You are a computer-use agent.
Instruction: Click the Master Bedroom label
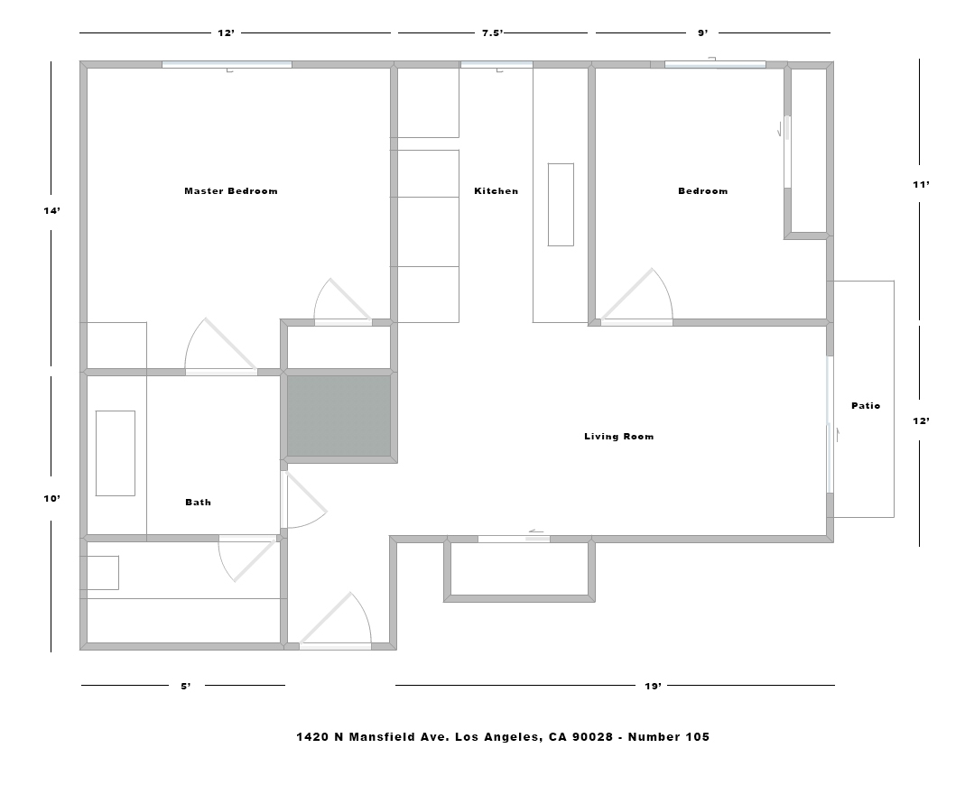point(231,190)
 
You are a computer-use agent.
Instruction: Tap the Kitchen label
point(496,190)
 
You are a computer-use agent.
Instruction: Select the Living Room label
point(619,436)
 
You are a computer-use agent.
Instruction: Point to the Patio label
point(866,405)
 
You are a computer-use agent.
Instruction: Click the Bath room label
point(199,502)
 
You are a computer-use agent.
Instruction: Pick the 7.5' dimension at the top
point(492,32)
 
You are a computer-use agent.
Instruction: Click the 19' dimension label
point(653,686)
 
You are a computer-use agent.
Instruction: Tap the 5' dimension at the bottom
point(186,686)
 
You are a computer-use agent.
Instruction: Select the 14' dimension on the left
point(51,210)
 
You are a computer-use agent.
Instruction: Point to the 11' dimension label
point(922,184)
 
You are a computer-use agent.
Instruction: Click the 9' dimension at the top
point(703,32)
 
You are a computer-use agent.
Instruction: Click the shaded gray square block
point(339,416)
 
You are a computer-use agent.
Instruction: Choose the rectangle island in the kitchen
point(561,205)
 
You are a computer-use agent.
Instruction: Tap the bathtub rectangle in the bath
point(115,453)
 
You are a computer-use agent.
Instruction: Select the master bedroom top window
point(227,65)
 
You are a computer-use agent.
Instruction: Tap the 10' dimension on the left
point(51,498)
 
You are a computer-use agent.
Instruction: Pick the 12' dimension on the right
point(922,420)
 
